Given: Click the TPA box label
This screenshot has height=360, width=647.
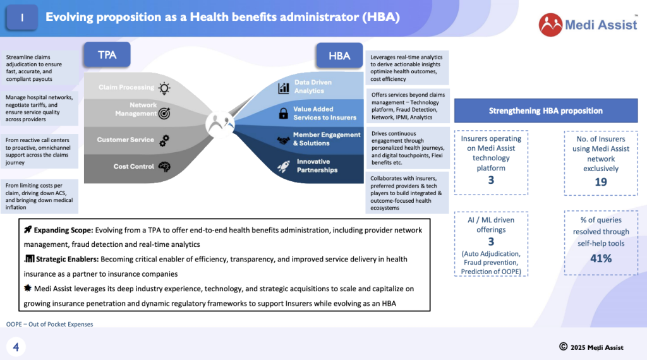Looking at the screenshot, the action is click(x=107, y=54).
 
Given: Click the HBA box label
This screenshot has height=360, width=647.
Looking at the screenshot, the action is click(x=339, y=55).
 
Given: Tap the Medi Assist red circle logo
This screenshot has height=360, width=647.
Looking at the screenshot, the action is click(x=550, y=25).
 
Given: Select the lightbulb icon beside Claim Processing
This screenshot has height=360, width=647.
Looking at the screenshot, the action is click(x=164, y=88).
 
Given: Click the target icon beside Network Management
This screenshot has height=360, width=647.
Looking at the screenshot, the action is click(x=164, y=114).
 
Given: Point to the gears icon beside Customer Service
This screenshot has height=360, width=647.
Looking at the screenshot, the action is click(x=164, y=141).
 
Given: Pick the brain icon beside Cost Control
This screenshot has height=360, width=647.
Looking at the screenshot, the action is click(x=164, y=167).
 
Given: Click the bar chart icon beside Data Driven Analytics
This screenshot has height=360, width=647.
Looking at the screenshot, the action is click(x=284, y=88).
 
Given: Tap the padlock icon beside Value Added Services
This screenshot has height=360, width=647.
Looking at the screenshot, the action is click(x=284, y=114).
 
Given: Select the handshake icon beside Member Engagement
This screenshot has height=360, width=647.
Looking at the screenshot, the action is click(x=284, y=140).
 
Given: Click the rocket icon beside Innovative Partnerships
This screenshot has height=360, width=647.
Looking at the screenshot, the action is click(x=284, y=166).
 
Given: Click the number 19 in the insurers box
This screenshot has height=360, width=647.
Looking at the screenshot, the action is click(x=601, y=182).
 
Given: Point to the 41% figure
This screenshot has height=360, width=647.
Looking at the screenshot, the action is click(x=601, y=258).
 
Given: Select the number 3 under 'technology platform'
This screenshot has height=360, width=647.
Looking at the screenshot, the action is click(x=491, y=180).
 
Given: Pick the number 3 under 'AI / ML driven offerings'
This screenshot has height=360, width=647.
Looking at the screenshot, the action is click(x=491, y=242).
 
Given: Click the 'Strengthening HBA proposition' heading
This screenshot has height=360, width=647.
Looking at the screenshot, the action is click(x=545, y=111).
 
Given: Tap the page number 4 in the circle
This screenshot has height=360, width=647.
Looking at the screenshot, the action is click(x=16, y=347).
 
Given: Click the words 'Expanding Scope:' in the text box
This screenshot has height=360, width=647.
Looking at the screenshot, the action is click(x=64, y=230).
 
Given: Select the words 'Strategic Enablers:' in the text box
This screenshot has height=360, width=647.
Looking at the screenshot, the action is click(x=67, y=259).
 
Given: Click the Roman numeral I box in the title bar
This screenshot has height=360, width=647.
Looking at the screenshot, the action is click(x=22, y=17).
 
